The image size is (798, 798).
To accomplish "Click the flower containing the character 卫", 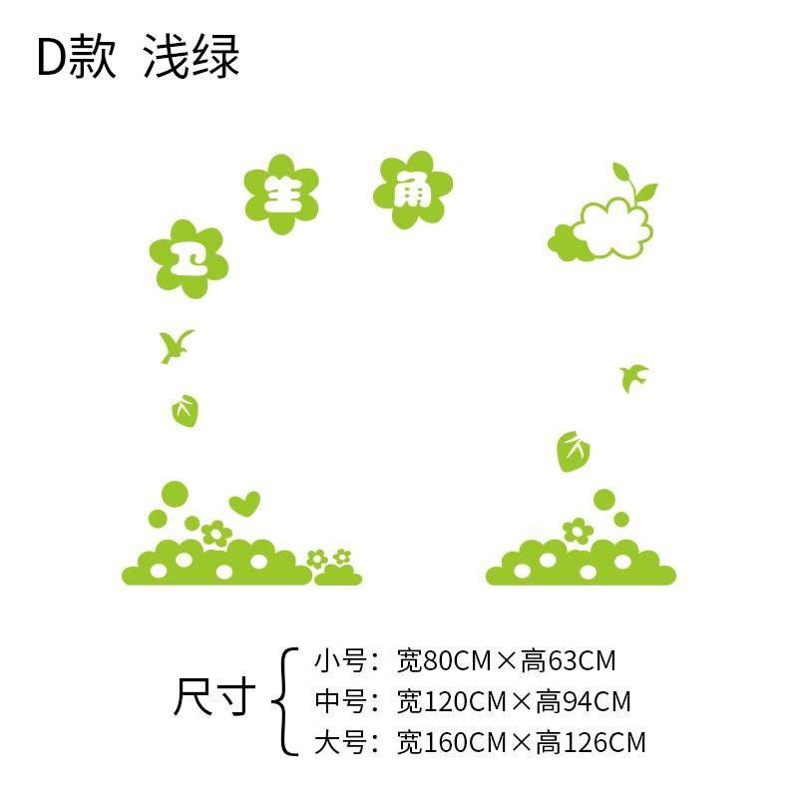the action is pyautogui.click(x=189, y=258).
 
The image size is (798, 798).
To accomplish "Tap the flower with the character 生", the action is pyautogui.click(x=281, y=193).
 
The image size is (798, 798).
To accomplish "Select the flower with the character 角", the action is pyautogui.click(x=413, y=190).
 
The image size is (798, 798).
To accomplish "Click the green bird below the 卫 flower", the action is pyautogui.click(x=177, y=345).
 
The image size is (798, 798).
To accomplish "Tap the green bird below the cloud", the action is pyautogui.click(x=633, y=377).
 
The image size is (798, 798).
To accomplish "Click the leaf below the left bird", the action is pyautogui.click(x=184, y=410).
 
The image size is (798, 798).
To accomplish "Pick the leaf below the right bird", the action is pyautogui.click(x=573, y=451).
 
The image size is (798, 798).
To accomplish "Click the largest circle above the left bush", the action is pyautogui.click(x=175, y=493).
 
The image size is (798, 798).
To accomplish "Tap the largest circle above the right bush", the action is pyautogui.click(x=604, y=499).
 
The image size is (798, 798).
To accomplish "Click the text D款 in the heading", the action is pyautogui.click(x=76, y=58).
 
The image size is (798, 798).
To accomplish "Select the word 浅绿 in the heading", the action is pyautogui.click(x=192, y=58).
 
